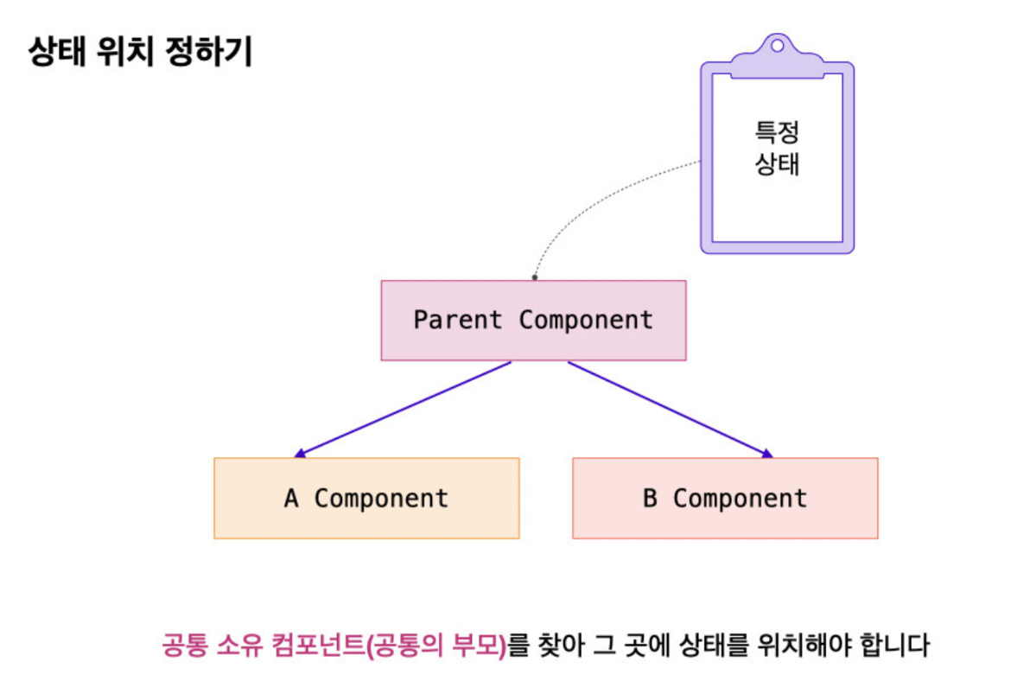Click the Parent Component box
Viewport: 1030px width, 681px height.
pos(533,320)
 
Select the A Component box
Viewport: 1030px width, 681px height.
pos(366,498)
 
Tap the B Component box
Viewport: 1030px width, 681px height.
pos(725,498)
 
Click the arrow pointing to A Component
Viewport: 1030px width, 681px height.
pos(404,408)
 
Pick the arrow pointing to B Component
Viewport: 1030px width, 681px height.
pos(670,408)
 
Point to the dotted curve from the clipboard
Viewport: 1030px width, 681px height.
pos(588,200)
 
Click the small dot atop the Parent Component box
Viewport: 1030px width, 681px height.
pos(534,277)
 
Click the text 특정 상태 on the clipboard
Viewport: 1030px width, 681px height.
pos(777,148)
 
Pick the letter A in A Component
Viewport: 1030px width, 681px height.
pos(291,499)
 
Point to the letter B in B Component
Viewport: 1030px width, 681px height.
pos(650,499)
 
